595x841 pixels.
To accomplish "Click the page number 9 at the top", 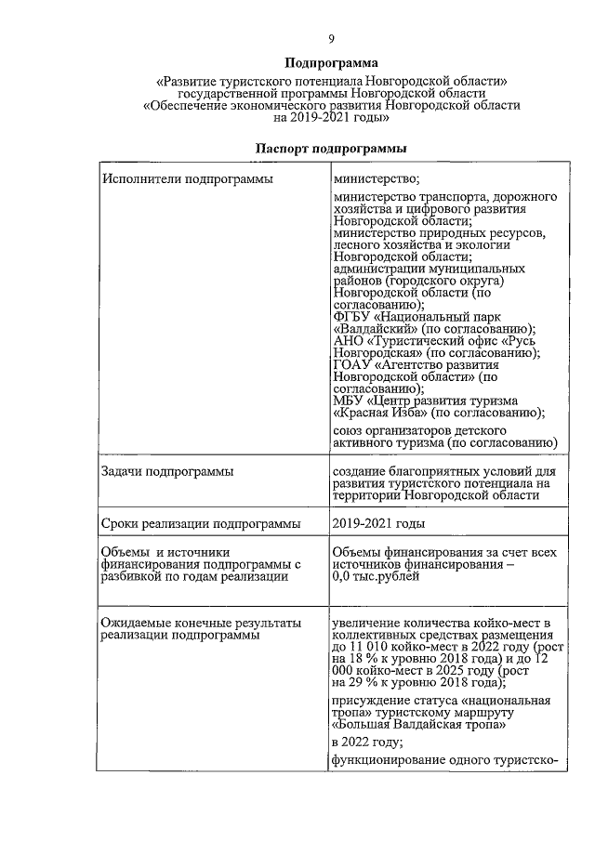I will (x=330, y=38).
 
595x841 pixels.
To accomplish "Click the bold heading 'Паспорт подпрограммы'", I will (x=330, y=149).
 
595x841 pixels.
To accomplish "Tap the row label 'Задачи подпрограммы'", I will (x=167, y=472).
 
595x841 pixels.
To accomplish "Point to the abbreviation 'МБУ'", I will (x=347, y=401).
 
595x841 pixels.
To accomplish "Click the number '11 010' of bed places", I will (x=369, y=646).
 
